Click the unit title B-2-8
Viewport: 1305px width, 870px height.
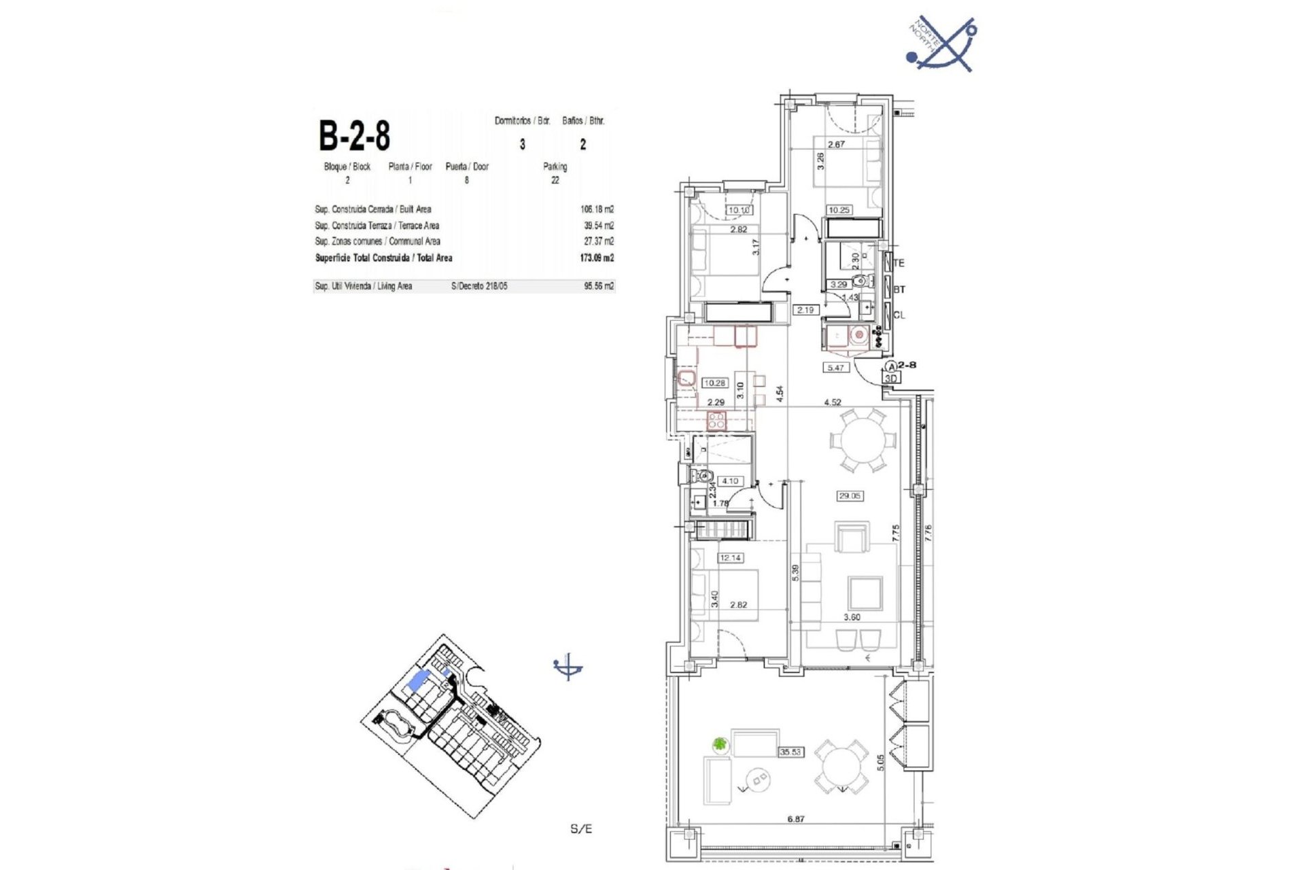(354, 136)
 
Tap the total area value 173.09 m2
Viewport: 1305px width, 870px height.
(598, 258)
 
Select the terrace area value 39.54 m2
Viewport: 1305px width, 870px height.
(598, 226)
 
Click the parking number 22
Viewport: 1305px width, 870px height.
(555, 180)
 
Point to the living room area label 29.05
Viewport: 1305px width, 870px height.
(850, 496)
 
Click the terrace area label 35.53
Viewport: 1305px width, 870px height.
(790, 752)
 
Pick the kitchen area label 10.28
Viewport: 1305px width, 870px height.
(714, 383)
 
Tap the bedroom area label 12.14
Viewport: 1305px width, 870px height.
(730, 558)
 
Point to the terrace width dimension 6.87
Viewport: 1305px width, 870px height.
(795, 819)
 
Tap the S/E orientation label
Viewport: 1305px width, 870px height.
(581, 829)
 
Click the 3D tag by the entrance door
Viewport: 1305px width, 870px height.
(891, 379)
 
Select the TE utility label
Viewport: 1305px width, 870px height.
(899, 263)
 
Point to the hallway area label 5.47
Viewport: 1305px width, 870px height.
(835, 368)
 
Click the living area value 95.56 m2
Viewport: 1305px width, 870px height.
(599, 287)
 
